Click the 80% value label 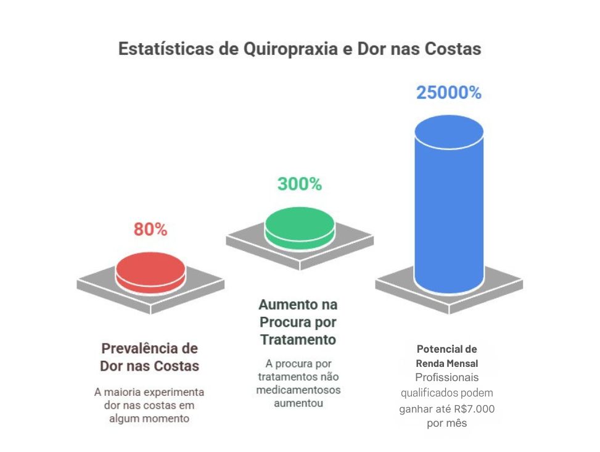pos(150,229)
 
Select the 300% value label pos(299,184)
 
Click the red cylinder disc pos(150,269)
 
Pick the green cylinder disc pos(300,224)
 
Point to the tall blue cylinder pos(449,203)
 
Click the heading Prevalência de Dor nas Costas pos(149,357)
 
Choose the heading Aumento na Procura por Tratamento pos(298,322)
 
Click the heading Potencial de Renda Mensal pos(447,356)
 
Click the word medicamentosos pos(298,390)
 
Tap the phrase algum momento pos(149,419)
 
